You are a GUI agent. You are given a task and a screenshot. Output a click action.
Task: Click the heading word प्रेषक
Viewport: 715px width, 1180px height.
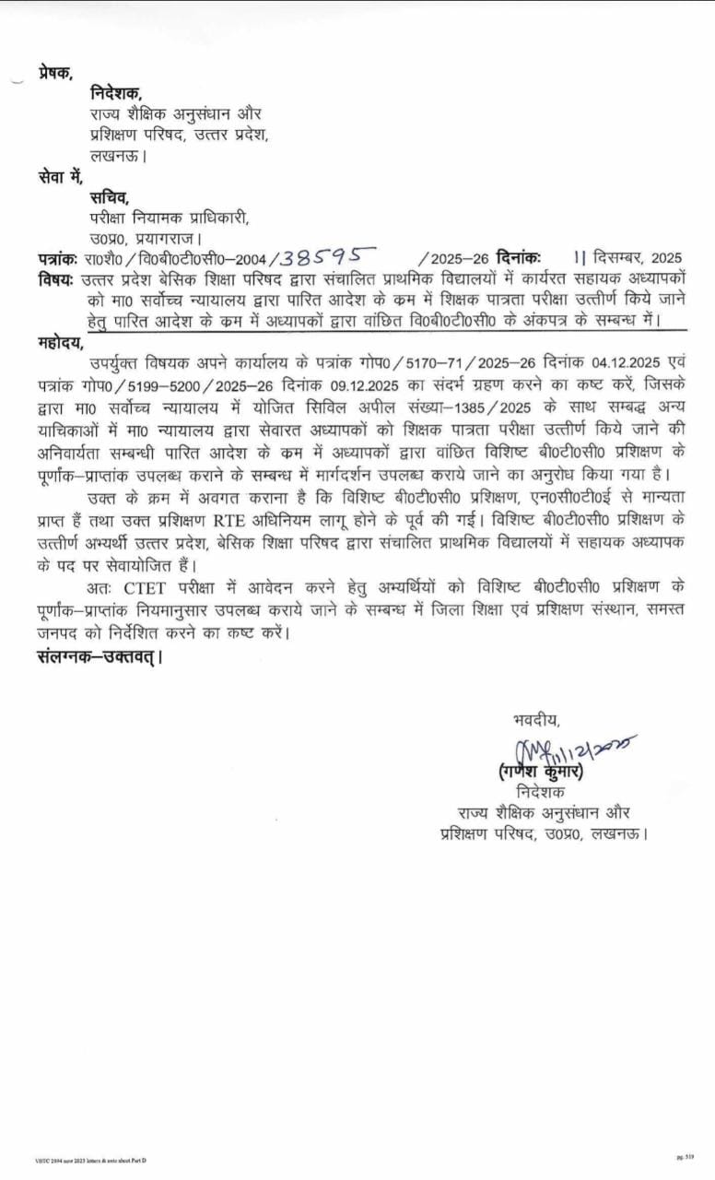pos(55,73)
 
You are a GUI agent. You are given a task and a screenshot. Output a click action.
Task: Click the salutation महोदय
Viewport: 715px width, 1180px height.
pos(60,346)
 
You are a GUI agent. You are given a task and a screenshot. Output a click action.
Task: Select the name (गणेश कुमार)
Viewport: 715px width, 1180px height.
pos(533,772)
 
